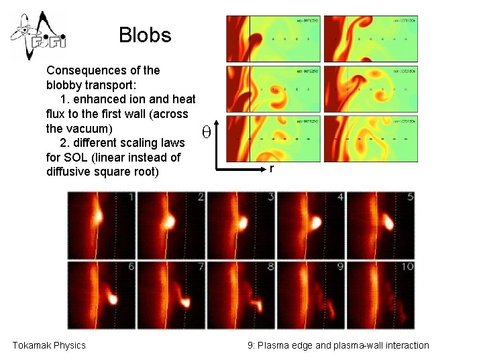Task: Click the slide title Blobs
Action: point(145,35)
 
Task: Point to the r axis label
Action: point(271,170)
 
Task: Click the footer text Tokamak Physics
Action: point(49,345)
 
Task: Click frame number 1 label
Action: point(131,197)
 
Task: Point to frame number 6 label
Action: point(131,267)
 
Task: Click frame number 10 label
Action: point(406,267)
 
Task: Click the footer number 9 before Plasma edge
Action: point(250,345)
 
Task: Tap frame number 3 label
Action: point(270,197)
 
